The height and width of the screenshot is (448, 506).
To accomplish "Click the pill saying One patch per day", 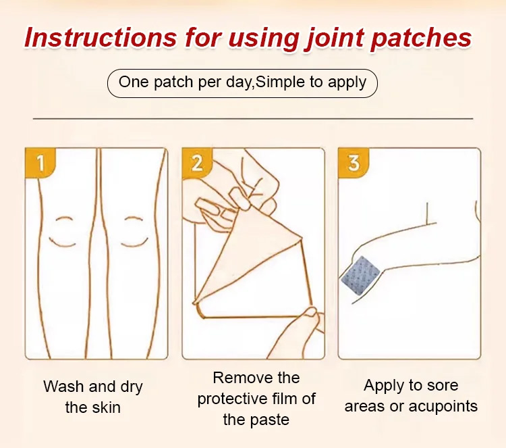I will (x=242, y=82).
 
